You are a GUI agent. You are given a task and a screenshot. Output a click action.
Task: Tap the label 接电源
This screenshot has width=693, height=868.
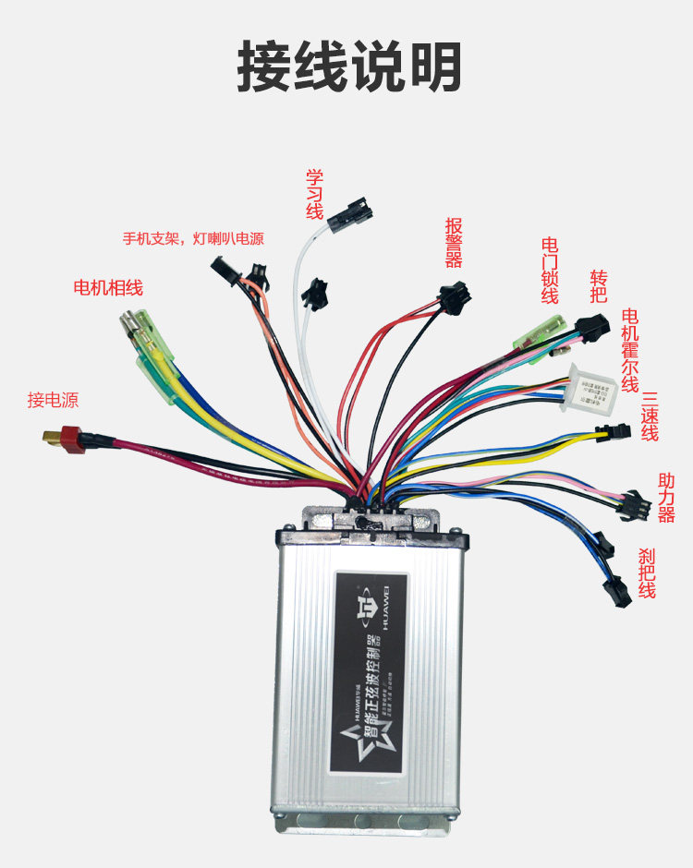point(53,400)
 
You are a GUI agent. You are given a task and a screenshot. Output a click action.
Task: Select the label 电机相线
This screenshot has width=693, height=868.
point(108,287)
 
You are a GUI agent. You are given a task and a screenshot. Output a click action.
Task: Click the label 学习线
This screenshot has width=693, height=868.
point(314,194)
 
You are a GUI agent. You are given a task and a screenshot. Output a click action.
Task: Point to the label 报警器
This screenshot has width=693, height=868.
point(454,242)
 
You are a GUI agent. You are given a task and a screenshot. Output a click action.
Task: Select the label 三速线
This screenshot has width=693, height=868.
point(650,416)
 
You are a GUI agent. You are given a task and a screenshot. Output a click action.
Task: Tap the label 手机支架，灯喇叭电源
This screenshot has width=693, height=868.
point(193,238)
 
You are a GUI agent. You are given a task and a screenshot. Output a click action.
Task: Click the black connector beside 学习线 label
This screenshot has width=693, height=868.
point(355,211)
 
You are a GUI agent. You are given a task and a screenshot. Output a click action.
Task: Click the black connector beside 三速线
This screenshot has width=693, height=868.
point(610,431)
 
